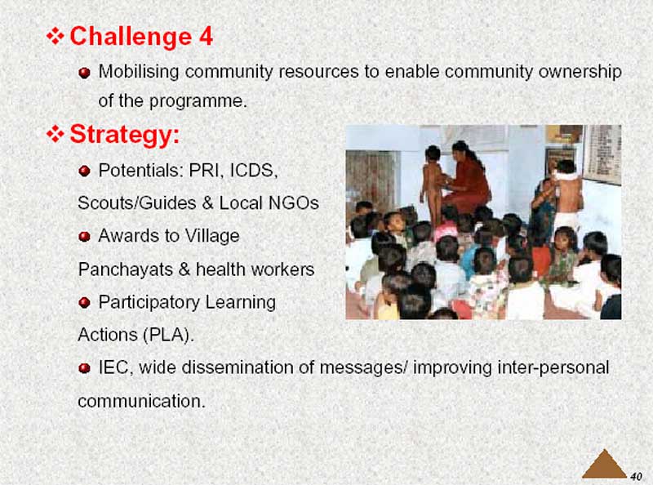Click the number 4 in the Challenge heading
(x=206, y=36)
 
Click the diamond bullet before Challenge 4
(x=55, y=36)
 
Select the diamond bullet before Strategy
(x=55, y=134)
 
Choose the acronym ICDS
(x=254, y=171)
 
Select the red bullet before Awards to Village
(x=85, y=237)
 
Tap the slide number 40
(x=636, y=476)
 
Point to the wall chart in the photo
(x=602, y=154)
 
